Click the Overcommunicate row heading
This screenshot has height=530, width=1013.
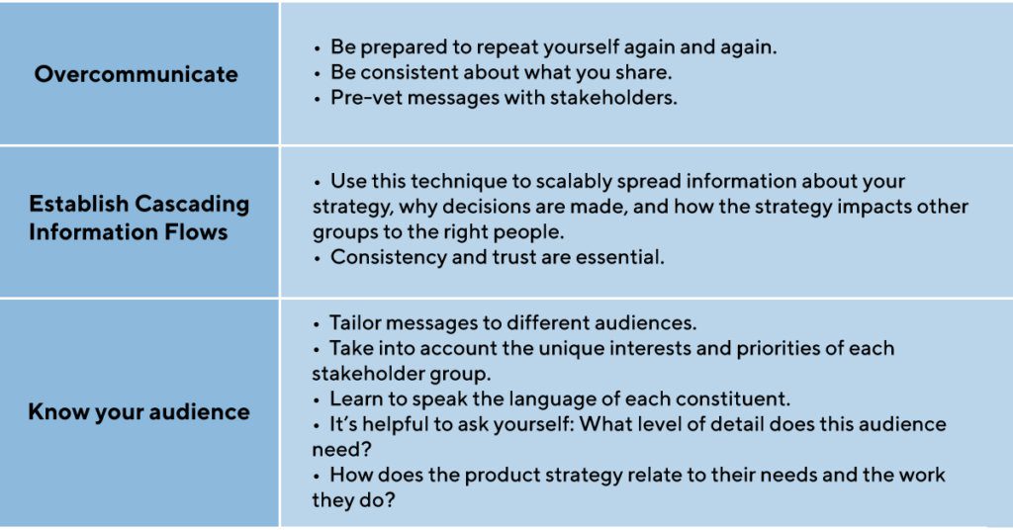coord(137,74)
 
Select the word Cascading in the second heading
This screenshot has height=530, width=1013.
coord(193,204)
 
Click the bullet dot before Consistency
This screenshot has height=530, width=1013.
coord(318,259)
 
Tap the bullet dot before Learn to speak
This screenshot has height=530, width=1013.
coord(317,400)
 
